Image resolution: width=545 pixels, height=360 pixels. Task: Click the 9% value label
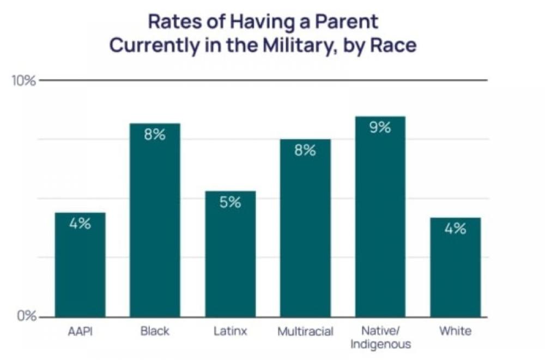click(x=380, y=128)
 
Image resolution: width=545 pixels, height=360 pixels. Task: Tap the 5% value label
click(x=230, y=202)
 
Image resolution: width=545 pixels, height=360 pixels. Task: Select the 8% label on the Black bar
click(x=155, y=135)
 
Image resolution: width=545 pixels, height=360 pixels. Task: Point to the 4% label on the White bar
click(x=455, y=229)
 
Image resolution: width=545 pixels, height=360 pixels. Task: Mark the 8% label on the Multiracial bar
click(x=305, y=151)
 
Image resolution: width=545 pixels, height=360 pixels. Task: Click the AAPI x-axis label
click(x=80, y=331)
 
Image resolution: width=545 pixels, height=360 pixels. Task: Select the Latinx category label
click(x=230, y=331)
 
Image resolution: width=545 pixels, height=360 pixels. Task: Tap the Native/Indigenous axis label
click(x=380, y=337)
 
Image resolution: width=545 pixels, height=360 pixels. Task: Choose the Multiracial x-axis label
click(x=305, y=331)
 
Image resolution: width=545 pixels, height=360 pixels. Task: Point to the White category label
click(x=455, y=331)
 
